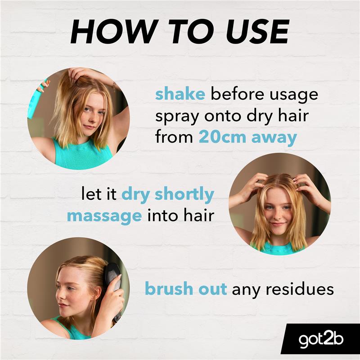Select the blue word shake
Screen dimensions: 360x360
pyautogui.click(x=180, y=94)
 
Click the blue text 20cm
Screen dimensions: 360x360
pyautogui.click(x=222, y=137)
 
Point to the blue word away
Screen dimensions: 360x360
pyautogui.click(x=274, y=138)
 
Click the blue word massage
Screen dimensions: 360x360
pyautogui.click(x=104, y=217)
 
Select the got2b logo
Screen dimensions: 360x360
pyautogui.click(x=320, y=339)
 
